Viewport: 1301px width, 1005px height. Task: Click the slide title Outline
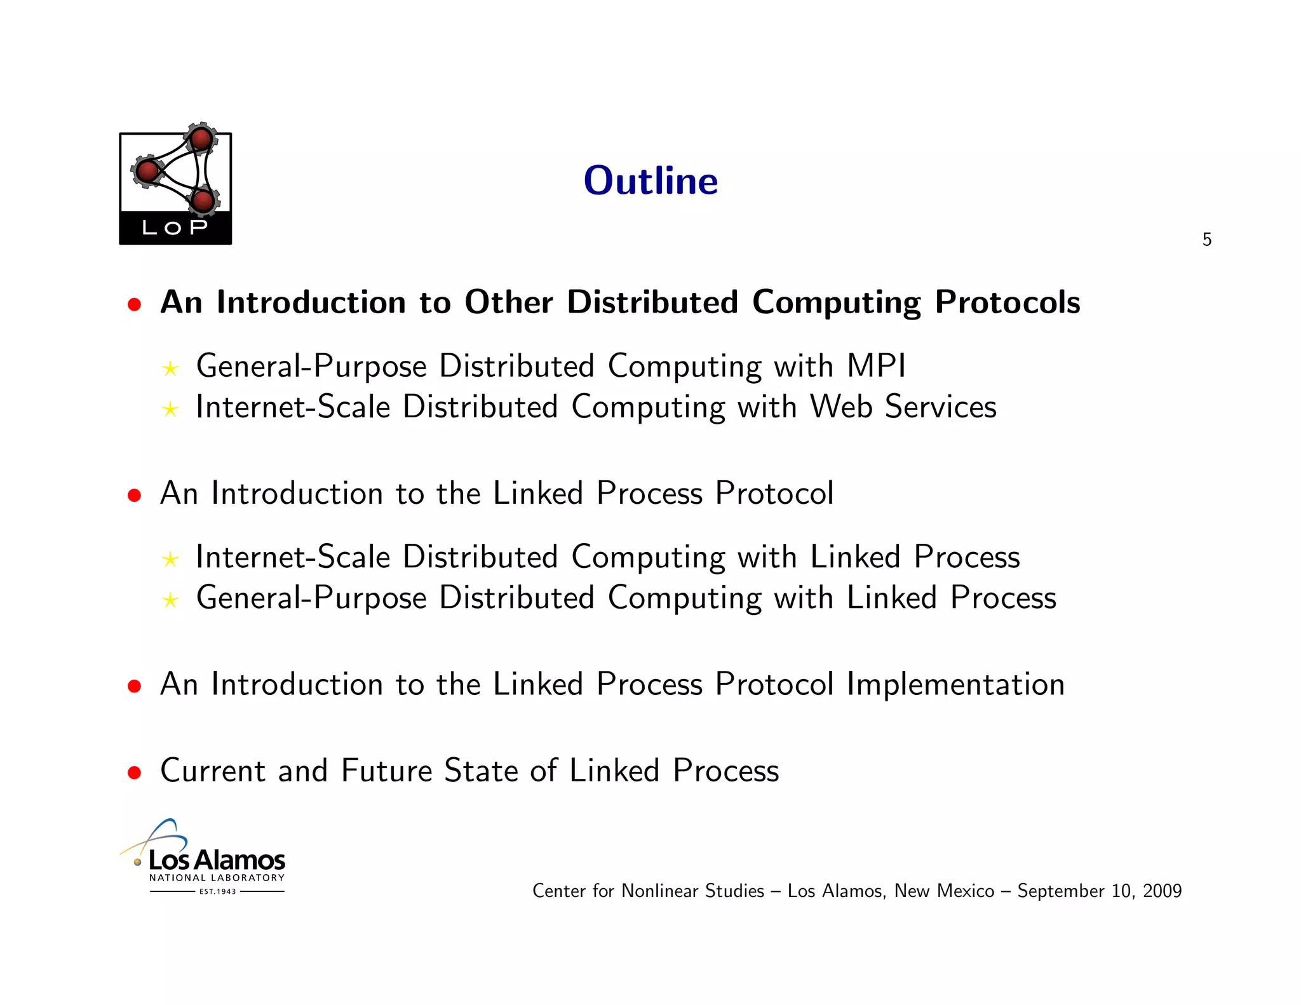coord(650,181)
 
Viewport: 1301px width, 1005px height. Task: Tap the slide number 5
coord(1206,239)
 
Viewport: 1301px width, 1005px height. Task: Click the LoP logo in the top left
coord(175,187)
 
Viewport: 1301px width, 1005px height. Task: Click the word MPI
coord(876,366)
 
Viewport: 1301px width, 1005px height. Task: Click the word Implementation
coord(955,684)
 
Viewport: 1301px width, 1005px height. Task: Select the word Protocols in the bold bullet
coord(1007,302)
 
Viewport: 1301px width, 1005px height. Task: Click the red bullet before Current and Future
coord(133,772)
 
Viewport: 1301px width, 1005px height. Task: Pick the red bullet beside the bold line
coord(133,304)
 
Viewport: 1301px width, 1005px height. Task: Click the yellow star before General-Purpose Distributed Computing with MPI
coord(170,368)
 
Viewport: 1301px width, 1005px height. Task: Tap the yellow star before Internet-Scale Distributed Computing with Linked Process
coord(170,559)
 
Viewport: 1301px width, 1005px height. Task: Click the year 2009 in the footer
coord(1162,891)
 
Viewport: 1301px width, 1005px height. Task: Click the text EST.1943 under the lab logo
coord(217,891)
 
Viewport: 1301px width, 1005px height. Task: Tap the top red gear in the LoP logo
coord(201,138)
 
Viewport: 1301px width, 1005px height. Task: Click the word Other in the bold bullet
coord(508,302)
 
